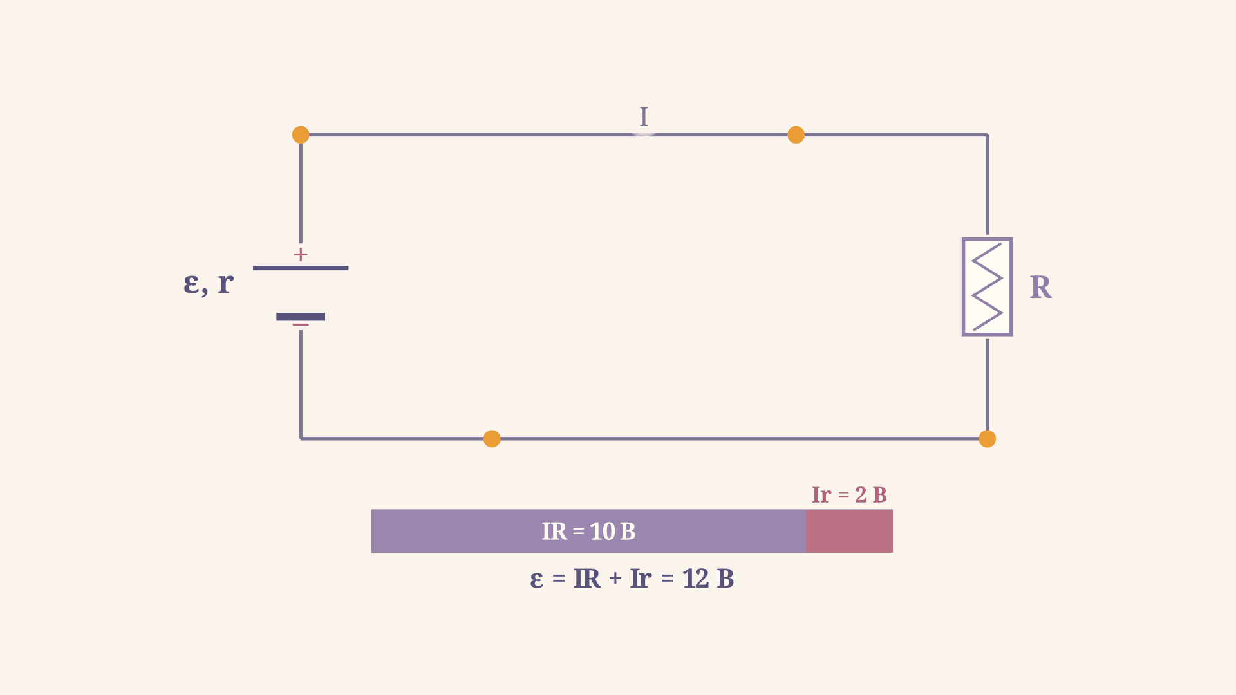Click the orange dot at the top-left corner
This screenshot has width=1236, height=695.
(301, 134)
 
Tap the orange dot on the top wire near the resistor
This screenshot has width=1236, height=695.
(796, 134)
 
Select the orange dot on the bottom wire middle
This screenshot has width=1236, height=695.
(492, 439)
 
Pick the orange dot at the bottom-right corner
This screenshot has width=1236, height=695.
(987, 439)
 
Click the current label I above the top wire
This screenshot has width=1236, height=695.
(644, 116)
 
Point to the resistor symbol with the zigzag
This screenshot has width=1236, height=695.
(987, 287)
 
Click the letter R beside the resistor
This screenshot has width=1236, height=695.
(1040, 287)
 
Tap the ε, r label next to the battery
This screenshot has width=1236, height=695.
(209, 283)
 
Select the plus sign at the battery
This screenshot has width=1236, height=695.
(301, 255)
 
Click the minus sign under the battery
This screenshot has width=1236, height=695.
(301, 325)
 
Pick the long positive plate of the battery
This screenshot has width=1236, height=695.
(301, 268)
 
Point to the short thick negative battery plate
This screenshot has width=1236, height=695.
(301, 317)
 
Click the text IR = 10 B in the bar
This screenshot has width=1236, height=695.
(588, 532)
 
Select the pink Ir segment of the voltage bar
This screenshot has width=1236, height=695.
(849, 531)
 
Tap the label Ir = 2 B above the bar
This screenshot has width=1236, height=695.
(849, 495)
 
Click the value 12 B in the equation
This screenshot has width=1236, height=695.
(708, 579)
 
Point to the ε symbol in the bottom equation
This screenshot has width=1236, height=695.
(537, 580)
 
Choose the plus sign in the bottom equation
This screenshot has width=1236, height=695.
(615, 579)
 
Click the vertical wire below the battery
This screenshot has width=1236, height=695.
(301, 384)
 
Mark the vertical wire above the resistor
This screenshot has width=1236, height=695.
(987, 185)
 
